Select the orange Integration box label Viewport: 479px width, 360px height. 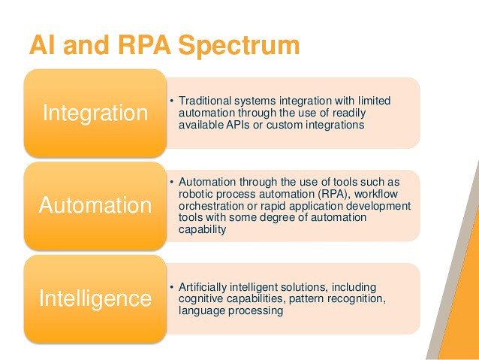tap(95, 113)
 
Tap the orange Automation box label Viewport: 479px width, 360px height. tap(95, 205)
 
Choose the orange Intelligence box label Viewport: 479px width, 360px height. tap(95, 298)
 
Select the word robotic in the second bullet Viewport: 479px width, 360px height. tap(197, 194)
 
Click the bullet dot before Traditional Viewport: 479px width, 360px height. tap(171, 101)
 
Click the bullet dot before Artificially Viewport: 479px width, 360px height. tap(171, 287)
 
